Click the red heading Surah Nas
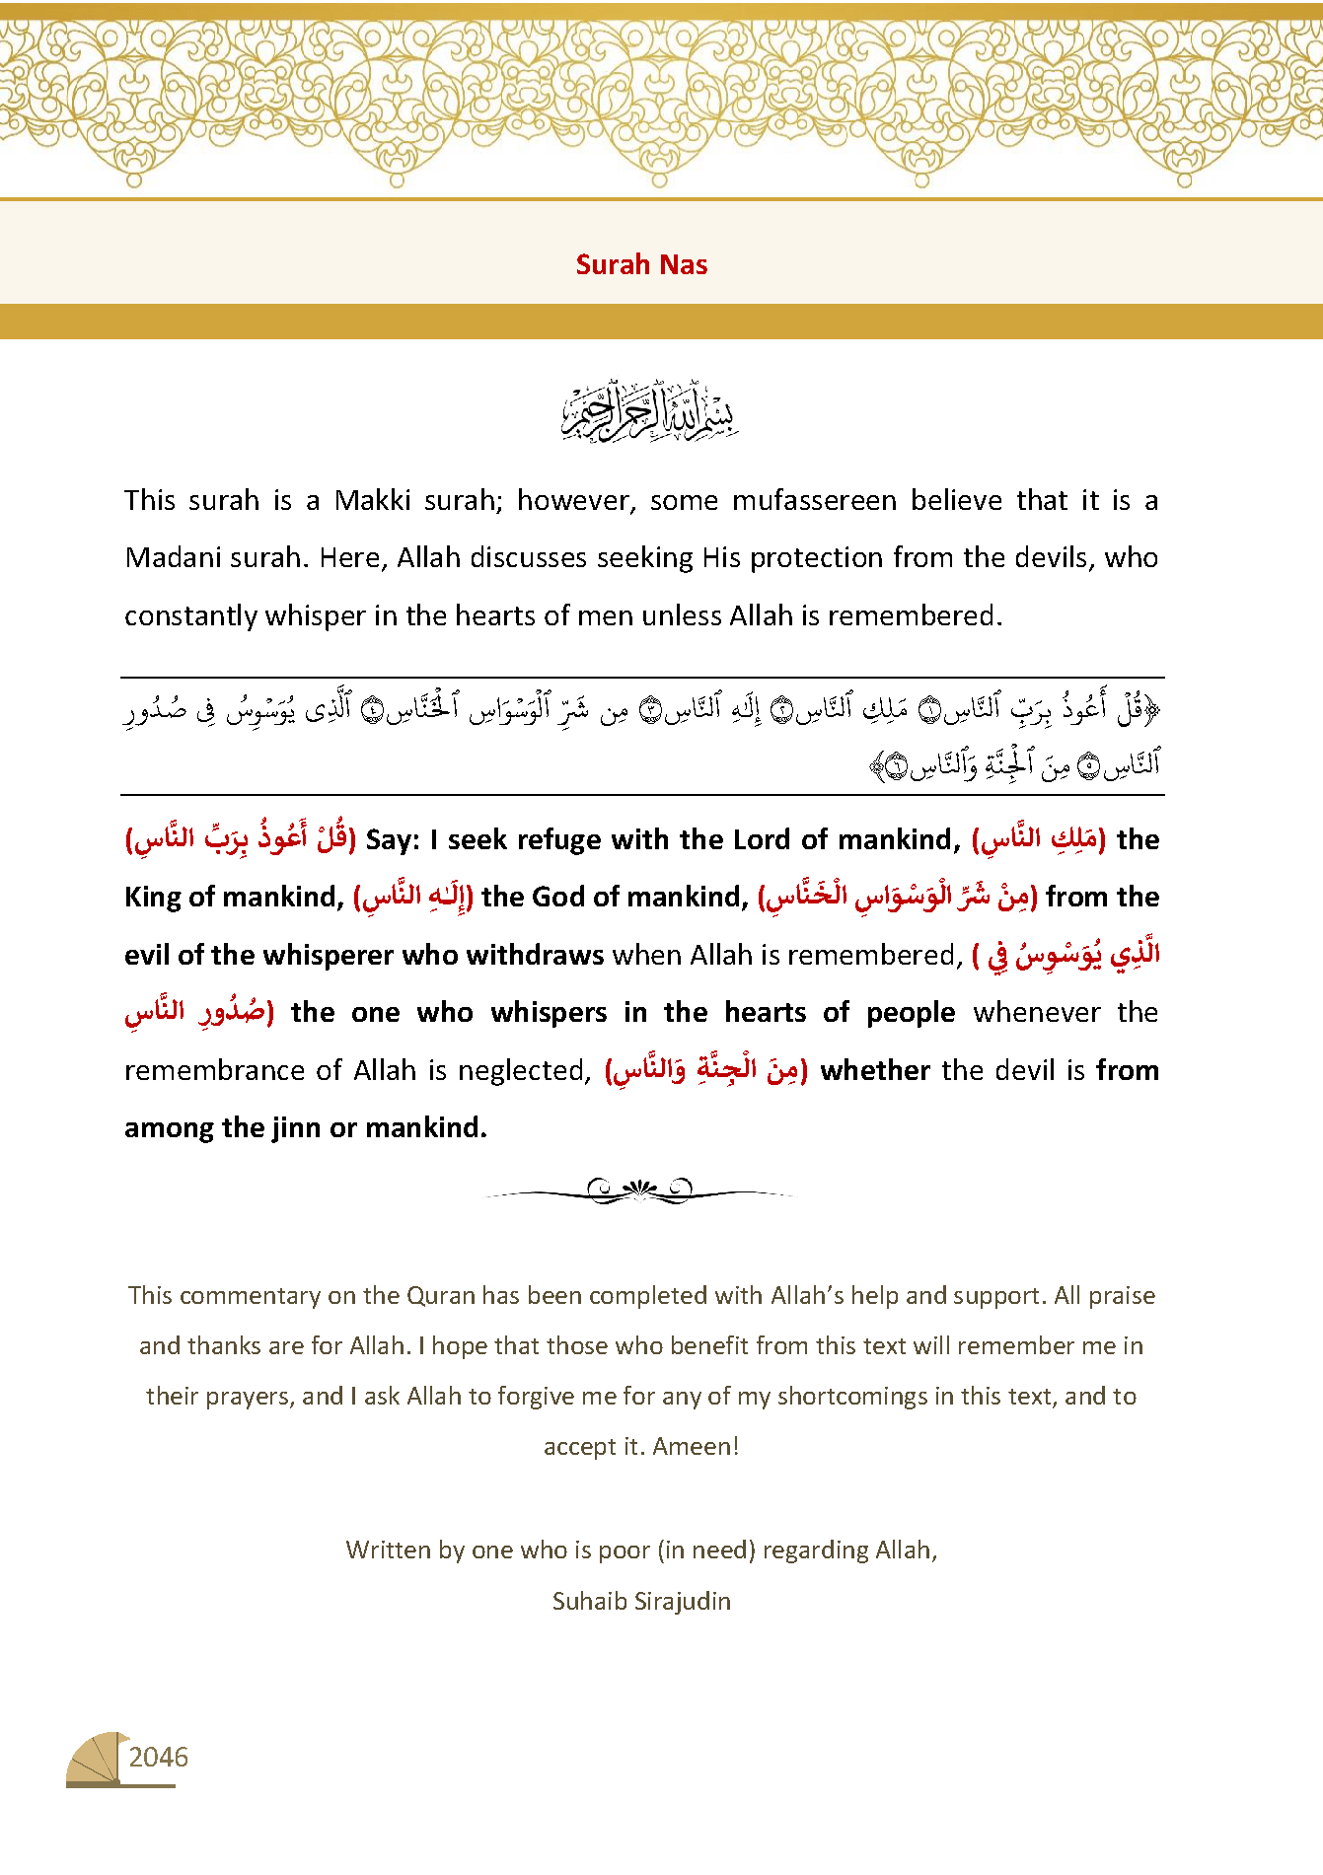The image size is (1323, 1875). click(641, 264)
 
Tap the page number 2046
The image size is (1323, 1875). click(158, 1757)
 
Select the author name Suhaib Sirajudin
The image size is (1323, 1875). click(641, 1600)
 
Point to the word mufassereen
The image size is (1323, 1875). click(814, 501)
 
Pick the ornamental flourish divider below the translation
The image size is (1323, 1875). click(640, 1190)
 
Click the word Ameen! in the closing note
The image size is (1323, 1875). click(696, 1446)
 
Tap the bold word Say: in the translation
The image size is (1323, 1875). click(393, 840)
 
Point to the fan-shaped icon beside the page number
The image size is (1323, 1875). click(96, 1759)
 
